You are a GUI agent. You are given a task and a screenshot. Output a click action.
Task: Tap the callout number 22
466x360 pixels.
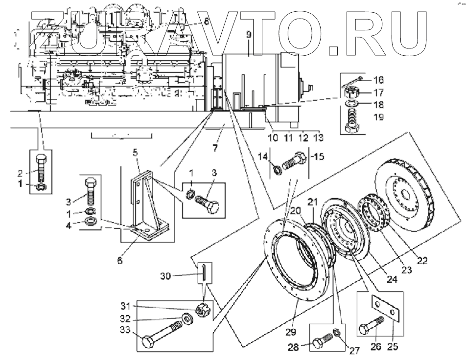[421, 261]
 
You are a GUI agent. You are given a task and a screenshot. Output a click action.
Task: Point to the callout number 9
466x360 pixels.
[249, 35]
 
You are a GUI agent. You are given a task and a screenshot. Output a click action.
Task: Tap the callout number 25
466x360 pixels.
[392, 348]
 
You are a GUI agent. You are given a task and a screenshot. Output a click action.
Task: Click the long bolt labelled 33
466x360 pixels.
[162, 333]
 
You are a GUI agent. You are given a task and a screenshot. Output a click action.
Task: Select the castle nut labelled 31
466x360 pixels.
[200, 311]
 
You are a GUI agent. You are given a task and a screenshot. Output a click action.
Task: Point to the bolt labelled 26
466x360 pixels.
[370, 327]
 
